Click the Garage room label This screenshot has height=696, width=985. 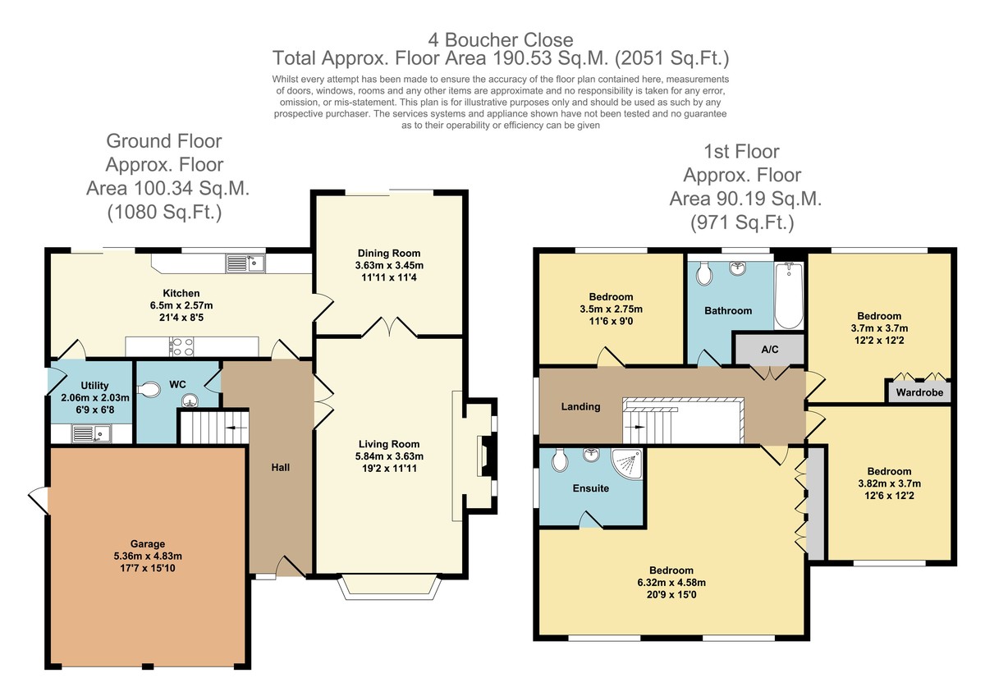tap(147, 544)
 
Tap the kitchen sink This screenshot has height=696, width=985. tap(245, 263)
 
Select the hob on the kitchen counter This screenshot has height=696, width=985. tap(181, 346)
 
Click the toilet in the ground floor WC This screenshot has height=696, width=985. tap(149, 390)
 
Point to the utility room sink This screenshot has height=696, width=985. tap(92, 433)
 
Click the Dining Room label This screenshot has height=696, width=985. tap(389, 254)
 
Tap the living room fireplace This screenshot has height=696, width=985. tap(487, 456)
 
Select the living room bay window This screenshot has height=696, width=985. tap(389, 587)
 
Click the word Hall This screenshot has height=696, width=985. tap(280, 467)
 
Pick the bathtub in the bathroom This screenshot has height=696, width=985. tap(789, 295)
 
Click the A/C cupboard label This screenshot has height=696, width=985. tap(770, 350)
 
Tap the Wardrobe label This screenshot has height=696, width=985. tap(919, 392)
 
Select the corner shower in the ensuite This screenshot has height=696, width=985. tap(626, 464)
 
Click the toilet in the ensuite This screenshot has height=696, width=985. tap(559, 460)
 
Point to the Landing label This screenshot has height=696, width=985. tap(580, 406)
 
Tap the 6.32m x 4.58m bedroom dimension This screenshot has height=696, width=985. tap(671, 583)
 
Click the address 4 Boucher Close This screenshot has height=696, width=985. tap(501, 40)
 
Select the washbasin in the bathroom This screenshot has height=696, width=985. tap(737, 268)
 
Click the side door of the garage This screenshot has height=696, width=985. tap(39, 501)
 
